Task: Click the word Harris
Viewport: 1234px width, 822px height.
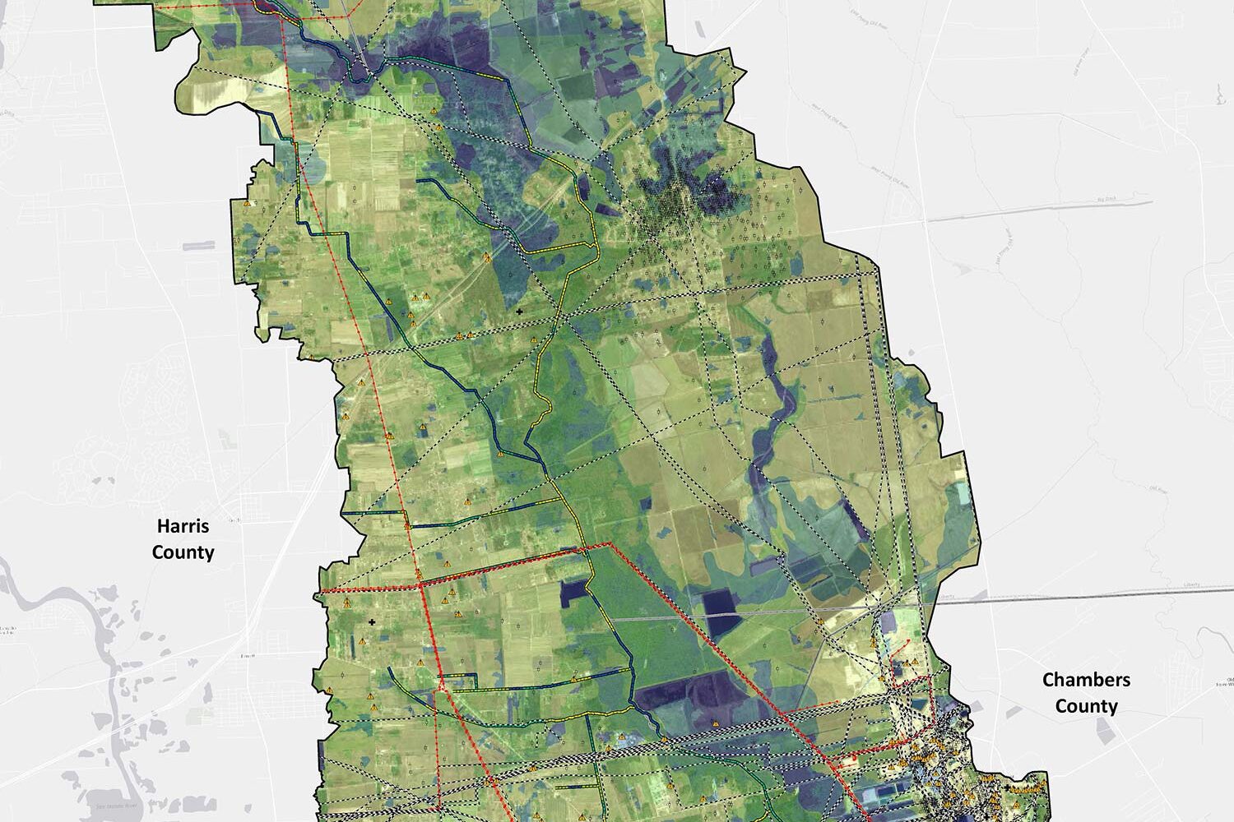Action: [x=183, y=526]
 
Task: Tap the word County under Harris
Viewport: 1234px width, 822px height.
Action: [x=183, y=552]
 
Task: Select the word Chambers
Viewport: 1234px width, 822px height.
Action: [x=1086, y=680]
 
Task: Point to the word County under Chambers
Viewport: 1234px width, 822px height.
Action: [x=1086, y=706]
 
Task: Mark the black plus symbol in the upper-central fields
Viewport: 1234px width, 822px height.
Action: [x=519, y=312]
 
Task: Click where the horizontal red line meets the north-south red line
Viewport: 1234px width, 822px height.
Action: [x=421, y=586]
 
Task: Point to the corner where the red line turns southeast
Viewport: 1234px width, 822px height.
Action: [x=608, y=544]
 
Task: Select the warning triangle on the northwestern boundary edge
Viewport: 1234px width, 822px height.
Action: [x=246, y=203]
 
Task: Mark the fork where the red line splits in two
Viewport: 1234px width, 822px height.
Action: [x=442, y=684]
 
